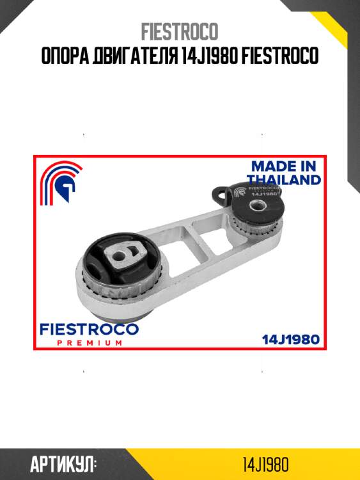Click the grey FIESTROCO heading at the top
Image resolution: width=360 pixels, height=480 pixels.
[180, 31]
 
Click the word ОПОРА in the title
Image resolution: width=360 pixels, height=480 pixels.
[65, 56]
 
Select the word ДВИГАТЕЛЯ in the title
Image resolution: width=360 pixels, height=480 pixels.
[135, 56]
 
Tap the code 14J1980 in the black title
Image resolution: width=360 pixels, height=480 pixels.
[210, 56]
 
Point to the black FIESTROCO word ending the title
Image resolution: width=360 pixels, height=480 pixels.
[280, 56]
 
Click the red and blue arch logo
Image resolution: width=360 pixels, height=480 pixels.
[61, 182]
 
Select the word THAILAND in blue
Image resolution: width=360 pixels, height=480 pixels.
[284, 180]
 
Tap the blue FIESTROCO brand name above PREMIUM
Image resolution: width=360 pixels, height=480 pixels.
[89, 330]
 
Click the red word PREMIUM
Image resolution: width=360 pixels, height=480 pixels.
[90, 343]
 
